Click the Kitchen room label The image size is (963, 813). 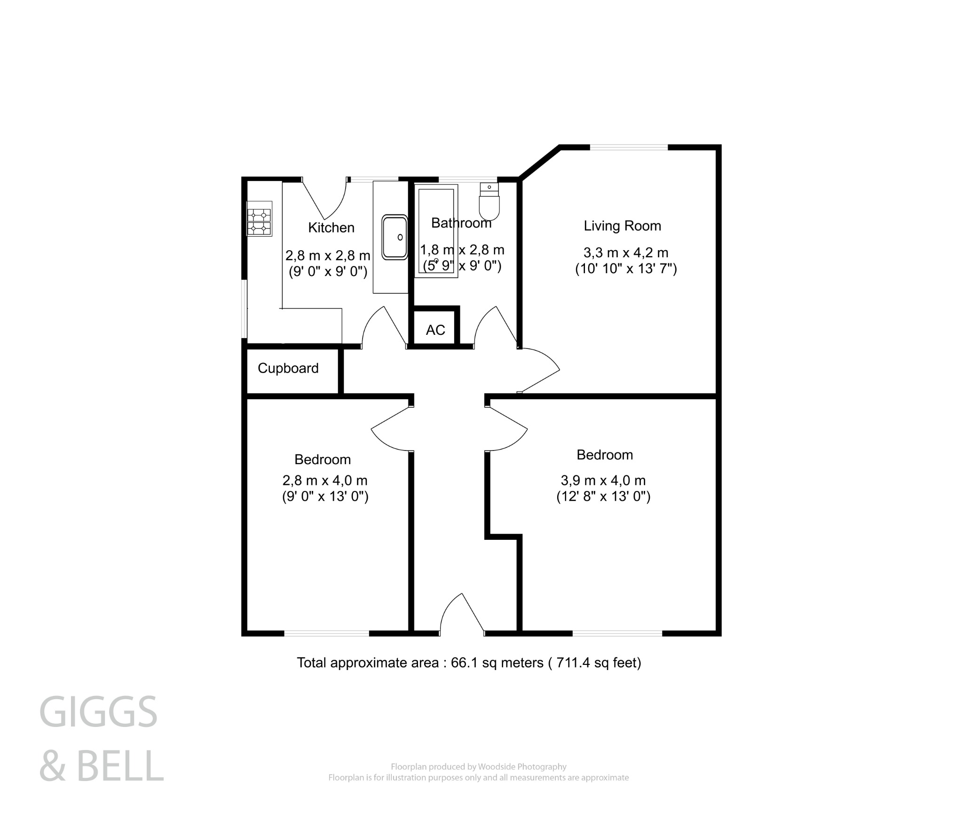(x=331, y=228)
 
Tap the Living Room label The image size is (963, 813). (x=622, y=226)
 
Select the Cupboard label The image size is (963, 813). (x=288, y=368)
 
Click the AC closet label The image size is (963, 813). (x=435, y=330)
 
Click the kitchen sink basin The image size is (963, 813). (x=395, y=237)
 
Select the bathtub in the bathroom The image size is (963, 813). (x=436, y=230)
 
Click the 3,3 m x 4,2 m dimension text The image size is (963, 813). (x=625, y=253)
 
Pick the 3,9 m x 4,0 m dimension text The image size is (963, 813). (x=603, y=481)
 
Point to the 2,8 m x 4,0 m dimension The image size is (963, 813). (x=324, y=481)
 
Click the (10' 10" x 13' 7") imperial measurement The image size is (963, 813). (x=626, y=269)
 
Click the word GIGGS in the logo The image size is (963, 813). (x=98, y=712)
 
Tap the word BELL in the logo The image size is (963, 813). (x=120, y=766)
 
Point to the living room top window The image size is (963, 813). (x=629, y=147)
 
